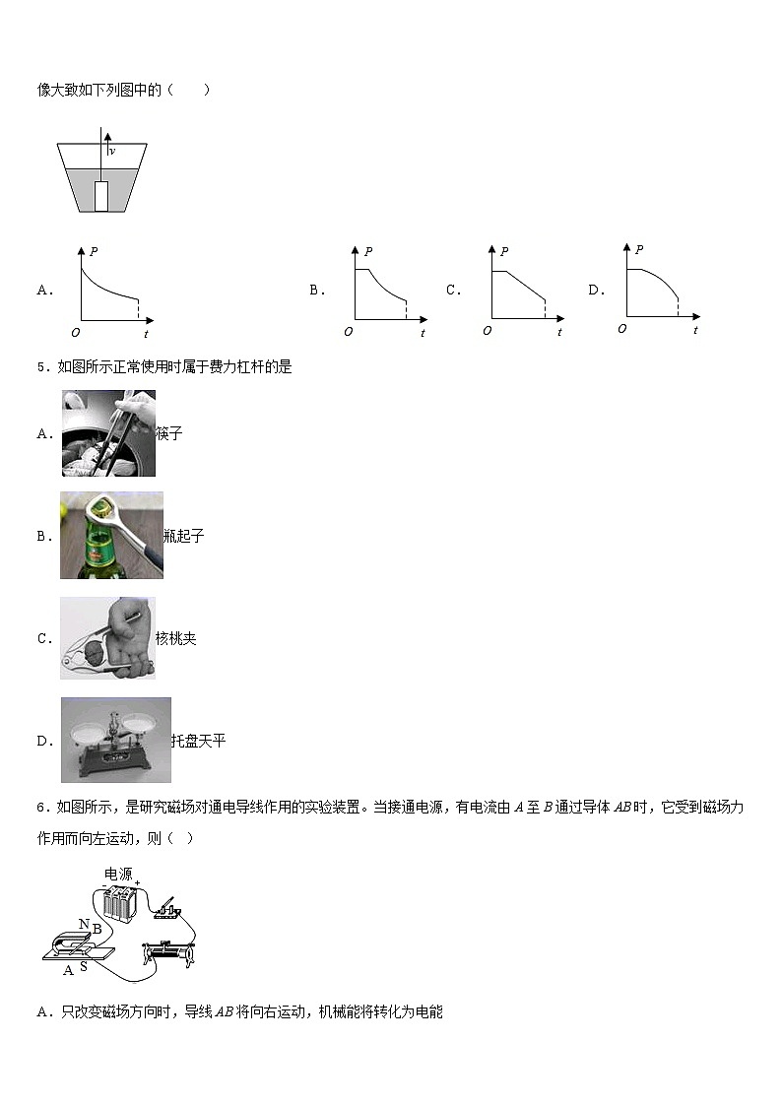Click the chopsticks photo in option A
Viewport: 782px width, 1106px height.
(x=107, y=433)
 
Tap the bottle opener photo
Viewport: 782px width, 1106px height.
(x=111, y=535)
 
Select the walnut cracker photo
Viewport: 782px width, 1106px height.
(x=107, y=638)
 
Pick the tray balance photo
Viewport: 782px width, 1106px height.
(x=115, y=740)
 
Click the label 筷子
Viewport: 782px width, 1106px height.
(x=169, y=434)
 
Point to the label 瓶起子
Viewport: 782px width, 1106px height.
(x=184, y=537)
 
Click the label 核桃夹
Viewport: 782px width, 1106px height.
(x=176, y=639)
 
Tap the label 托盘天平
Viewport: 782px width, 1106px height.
(x=198, y=741)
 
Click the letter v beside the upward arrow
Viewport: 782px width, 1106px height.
(x=113, y=152)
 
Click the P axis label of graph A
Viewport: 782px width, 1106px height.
(x=94, y=252)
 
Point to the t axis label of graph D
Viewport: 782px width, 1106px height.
(x=695, y=330)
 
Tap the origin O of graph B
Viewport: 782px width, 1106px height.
(x=348, y=333)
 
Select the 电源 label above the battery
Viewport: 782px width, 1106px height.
(x=118, y=874)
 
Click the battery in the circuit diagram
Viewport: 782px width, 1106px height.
(x=118, y=902)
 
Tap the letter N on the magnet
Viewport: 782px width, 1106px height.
(x=84, y=925)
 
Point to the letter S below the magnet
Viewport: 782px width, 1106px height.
(x=83, y=967)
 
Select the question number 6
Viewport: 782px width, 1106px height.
(x=41, y=809)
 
